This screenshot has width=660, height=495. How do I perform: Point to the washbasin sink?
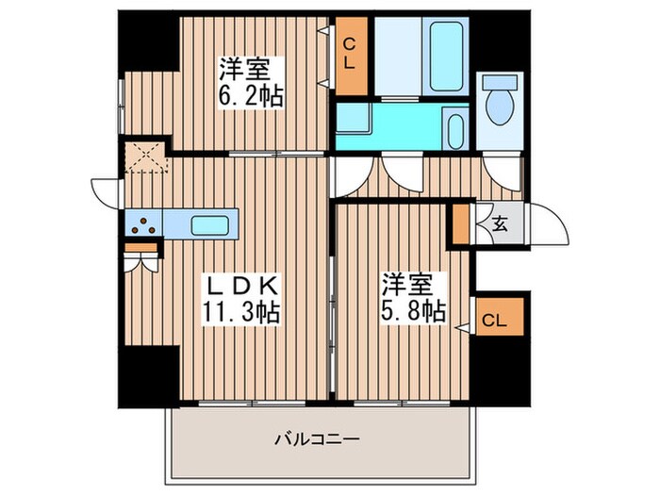(x=454, y=127)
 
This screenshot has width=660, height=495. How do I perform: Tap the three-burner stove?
(x=143, y=224)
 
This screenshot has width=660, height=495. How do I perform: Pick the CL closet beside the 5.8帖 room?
(x=494, y=322)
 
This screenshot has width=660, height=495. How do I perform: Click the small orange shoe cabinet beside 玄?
(x=460, y=224)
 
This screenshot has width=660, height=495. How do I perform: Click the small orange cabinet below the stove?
(x=140, y=248)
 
